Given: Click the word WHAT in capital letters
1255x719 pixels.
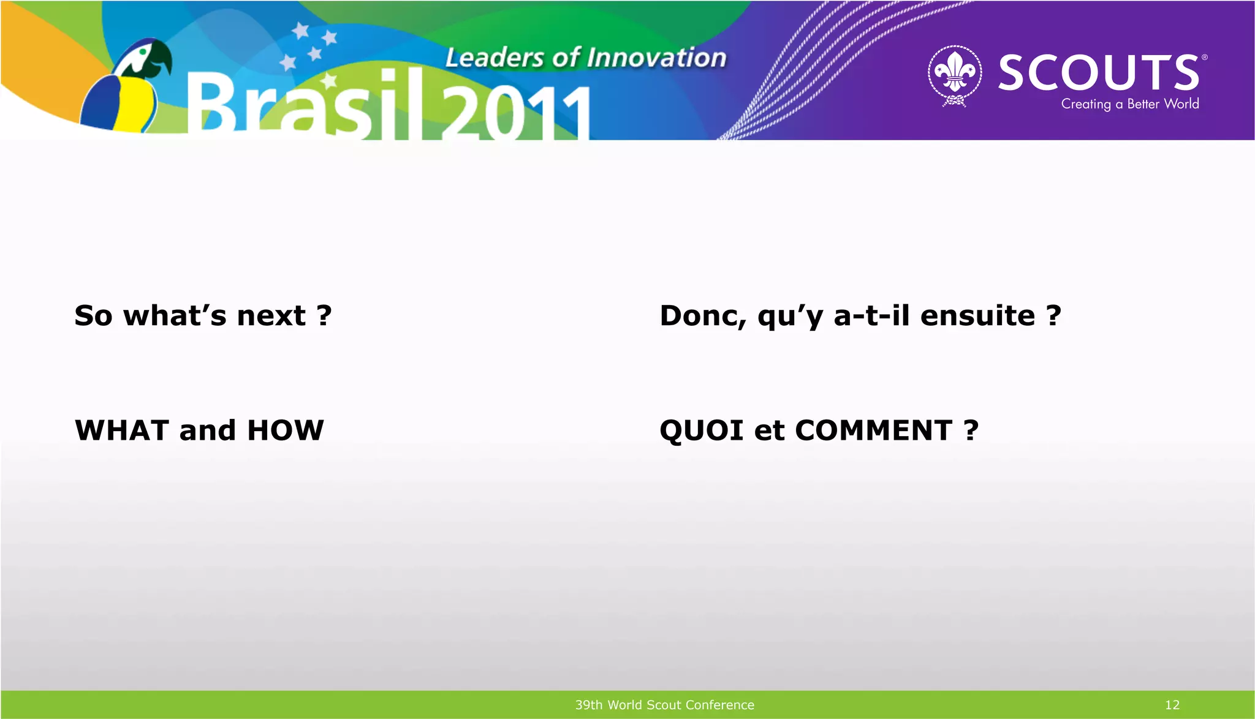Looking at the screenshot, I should point(121,430).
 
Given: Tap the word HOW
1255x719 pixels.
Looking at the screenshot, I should point(285,430).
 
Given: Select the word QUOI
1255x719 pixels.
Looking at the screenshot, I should point(701,431).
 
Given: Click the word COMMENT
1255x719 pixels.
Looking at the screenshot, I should point(873,430).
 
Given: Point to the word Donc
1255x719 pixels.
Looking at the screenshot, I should point(702,316).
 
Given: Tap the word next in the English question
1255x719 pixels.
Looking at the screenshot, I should point(271,316).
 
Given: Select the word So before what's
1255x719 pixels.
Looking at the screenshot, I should point(93,316).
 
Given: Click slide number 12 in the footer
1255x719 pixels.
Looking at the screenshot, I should point(1172,705).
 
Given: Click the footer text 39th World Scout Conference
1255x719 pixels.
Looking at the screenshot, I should point(664,705).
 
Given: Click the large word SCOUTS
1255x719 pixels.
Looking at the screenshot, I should point(1098,73).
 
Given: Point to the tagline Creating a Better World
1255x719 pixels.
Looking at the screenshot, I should point(1129,104).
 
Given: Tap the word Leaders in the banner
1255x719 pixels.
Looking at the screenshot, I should point(494,58).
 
